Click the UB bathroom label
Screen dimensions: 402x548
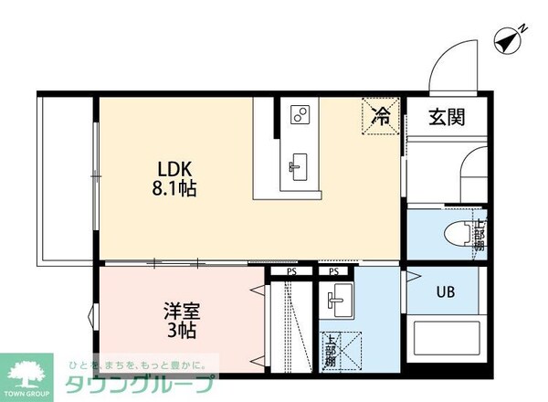[x=445, y=292]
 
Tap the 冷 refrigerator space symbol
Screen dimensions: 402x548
[x=382, y=116]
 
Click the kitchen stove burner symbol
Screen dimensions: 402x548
[x=299, y=114]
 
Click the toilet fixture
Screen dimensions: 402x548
[x=457, y=234]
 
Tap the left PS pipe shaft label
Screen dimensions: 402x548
[x=291, y=271]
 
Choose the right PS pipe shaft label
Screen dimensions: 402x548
[x=334, y=271]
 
